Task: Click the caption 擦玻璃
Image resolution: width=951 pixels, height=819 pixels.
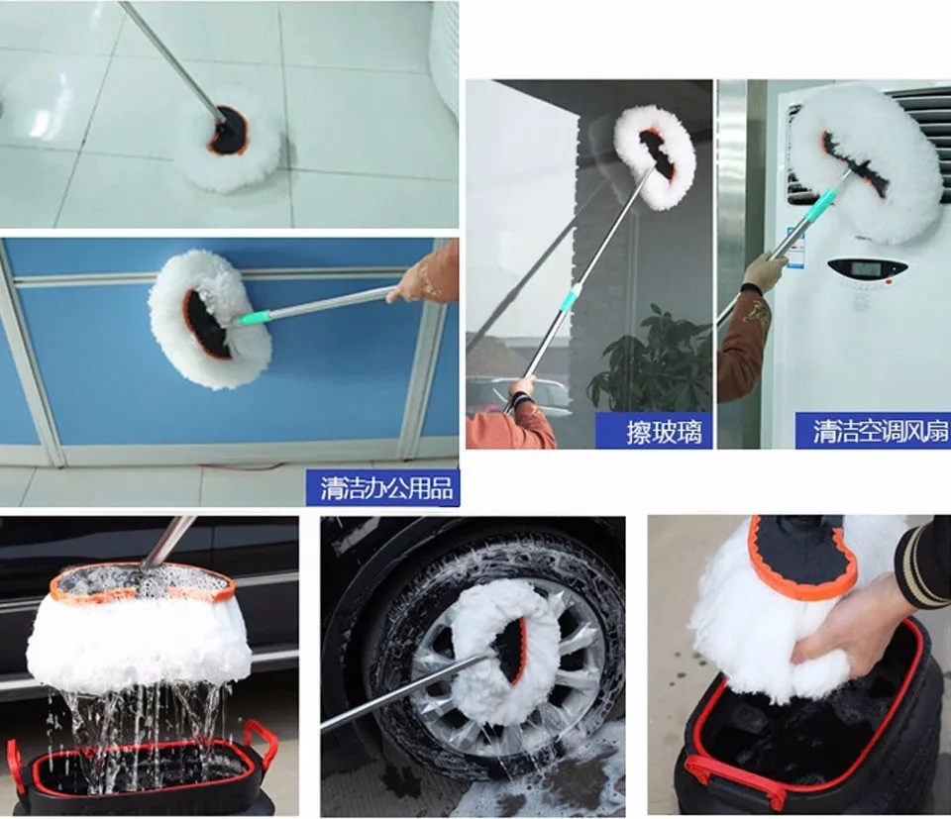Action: coord(664,433)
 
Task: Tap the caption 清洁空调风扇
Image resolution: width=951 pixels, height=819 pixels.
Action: coord(880,432)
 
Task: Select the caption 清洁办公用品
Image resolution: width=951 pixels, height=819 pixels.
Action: coord(387,488)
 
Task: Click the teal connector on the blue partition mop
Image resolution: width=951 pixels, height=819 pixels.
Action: coord(253,318)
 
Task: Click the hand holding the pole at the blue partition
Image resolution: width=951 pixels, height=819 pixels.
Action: coord(413,283)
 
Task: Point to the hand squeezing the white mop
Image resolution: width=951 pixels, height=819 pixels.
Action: coord(849,625)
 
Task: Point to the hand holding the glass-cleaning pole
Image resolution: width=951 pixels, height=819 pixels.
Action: coord(522,391)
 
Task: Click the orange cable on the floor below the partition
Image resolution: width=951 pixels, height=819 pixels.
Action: coord(243,467)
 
